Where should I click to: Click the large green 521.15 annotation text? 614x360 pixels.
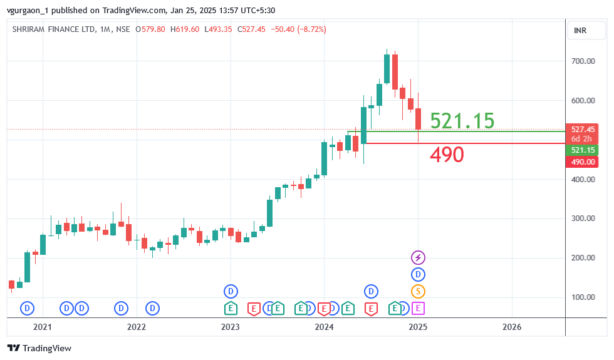[462, 121]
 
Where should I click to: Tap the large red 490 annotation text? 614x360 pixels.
[447, 155]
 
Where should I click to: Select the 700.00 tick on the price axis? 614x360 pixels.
[583, 61]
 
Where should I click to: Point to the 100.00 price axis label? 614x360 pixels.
[583, 297]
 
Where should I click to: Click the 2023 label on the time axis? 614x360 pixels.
[230, 327]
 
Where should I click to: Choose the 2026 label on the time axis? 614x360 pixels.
[512, 327]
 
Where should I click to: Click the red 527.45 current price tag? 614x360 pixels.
[582, 129]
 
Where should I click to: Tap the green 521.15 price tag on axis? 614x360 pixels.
[582, 150]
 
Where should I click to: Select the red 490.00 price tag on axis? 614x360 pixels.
[582, 162]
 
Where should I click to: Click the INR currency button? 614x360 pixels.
[580, 31]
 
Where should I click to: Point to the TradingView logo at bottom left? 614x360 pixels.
[39, 348]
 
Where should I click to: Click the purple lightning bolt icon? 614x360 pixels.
[418, 257]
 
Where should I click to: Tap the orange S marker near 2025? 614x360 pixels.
[418, 291]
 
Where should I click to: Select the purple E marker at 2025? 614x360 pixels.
[418, 308]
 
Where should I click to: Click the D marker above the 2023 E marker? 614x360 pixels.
[231, 291]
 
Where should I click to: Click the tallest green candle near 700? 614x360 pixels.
[387, 69]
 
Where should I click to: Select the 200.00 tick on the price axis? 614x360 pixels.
[583, 257]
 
